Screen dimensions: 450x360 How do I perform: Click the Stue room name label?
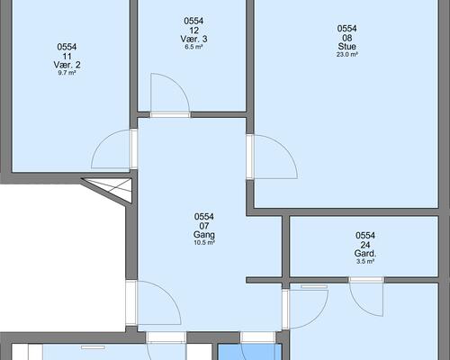coord(346,47)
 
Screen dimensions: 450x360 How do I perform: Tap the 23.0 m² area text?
coord(346,55)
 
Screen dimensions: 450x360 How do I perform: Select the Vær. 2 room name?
coord(67,65)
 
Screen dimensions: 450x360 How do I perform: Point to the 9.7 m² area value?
coord(67,73)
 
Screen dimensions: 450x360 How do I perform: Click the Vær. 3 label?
coord(193,39)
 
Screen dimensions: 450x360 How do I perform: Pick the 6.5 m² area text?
coord(193,47)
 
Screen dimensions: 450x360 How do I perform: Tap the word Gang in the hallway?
coord(204,235)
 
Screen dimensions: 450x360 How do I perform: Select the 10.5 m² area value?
coord(204,243)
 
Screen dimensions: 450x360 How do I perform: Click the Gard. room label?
coord(365,254)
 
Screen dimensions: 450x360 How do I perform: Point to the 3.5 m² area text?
coord(365,262)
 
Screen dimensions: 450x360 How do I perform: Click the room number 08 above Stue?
coord(346,38)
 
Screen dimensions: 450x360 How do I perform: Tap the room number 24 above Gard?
coord(365,245)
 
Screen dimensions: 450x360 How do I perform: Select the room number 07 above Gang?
coord(204,226)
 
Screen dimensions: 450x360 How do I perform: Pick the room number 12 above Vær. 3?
coord(193,30)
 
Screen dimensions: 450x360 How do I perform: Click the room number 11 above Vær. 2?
coord(67,56)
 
